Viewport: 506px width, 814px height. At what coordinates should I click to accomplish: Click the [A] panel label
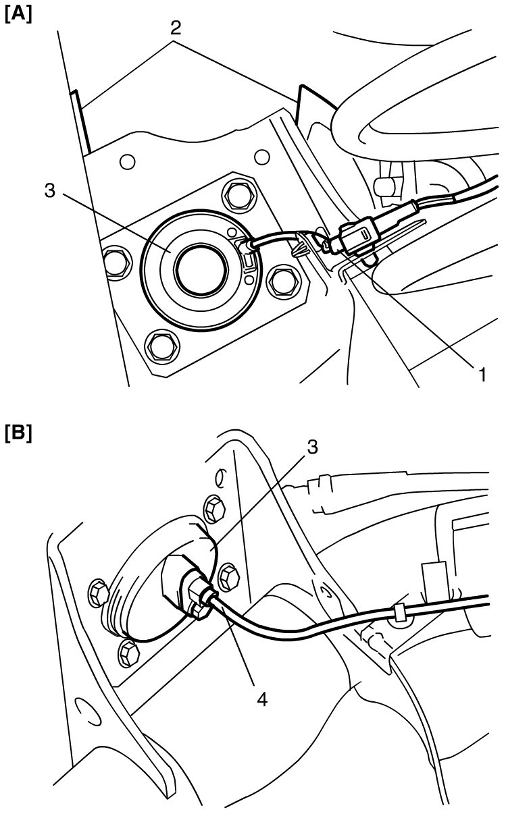coord(18,16)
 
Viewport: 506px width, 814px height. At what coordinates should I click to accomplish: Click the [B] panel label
coord(18,434)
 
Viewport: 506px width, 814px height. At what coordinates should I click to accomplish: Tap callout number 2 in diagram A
coord(176,28)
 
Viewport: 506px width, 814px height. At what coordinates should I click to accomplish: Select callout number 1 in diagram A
coord(482,375)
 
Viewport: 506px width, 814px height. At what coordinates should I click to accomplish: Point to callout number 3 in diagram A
coord(50,190)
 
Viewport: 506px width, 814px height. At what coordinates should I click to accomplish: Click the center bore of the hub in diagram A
coord(201,269)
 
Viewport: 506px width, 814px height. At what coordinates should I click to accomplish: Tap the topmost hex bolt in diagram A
coord(238,196)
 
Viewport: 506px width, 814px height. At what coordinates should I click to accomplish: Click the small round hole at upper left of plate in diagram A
coord(127,162)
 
